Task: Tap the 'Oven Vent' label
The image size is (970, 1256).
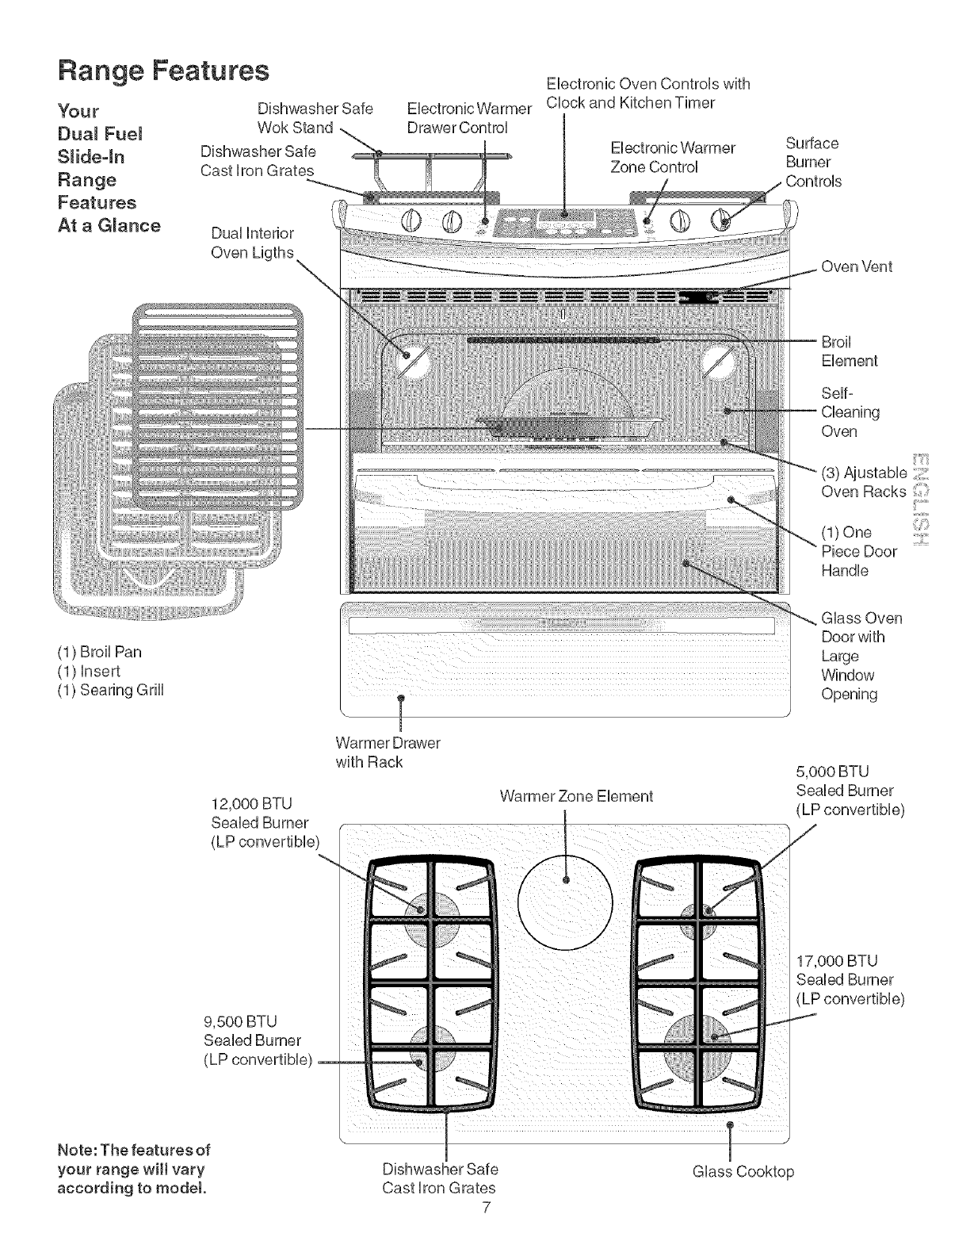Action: pyautogui.click(x=857, y=266)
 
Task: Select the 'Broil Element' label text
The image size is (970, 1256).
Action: pyautogui.click(x=849, y=351)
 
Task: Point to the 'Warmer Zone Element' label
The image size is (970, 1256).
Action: pyautogui.click(x=576, y=796)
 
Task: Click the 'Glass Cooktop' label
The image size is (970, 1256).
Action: pyautogui.click(x=743, y=1171)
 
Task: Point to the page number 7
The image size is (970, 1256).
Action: pyautogui.click(x=487, y=1208)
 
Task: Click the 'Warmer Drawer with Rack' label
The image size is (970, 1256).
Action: pyautogui.click(x=388, y=752)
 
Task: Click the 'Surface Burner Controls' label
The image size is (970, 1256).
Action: pyautogui.click(x=812, y=162)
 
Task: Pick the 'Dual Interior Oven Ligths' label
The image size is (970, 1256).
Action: pyautogui.click(x=252, y=243)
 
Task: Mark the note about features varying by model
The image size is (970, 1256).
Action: pyautogui.click(x=133, y=1169)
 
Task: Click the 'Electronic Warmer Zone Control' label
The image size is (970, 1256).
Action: pyautogui.click(x=673, y=157)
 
